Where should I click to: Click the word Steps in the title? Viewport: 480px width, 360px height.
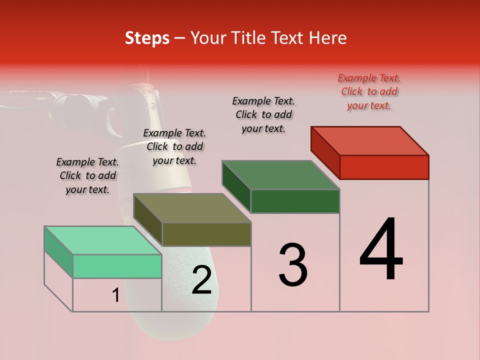147,38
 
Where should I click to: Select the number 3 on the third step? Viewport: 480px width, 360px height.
293,265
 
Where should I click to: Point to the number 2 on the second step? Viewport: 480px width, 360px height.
202,280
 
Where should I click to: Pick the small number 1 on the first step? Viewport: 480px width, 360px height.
115,295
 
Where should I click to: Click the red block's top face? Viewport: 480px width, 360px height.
370,141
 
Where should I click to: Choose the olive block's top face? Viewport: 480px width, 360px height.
192,208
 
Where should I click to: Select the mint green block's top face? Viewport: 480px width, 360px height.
103,240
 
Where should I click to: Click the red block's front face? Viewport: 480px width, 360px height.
384,167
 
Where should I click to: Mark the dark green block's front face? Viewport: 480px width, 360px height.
295,201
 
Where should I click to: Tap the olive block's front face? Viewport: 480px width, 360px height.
206,234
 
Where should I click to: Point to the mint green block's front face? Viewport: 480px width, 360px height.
117,266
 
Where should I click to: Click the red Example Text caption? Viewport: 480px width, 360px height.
369,91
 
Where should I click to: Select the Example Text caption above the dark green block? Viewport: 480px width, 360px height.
263,114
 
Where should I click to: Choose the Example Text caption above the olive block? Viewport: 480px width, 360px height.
174,146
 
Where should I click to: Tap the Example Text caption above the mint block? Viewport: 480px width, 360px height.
87,175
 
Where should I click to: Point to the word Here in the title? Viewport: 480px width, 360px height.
328,38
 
